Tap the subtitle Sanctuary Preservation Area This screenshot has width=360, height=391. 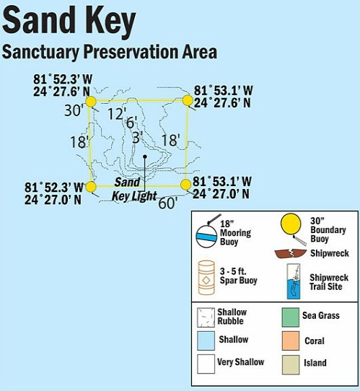(x=109, y=53)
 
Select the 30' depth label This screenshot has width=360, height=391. (x=74, y=111)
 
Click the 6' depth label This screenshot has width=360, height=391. (x=131, y=123)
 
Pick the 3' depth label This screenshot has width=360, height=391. (x=137, y=137)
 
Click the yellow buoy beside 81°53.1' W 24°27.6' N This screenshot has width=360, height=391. (x=187, y=100)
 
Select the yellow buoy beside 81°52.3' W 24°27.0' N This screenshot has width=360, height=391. (x=91, y=187)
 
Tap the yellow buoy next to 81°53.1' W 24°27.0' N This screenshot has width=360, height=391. (x=185, y=185)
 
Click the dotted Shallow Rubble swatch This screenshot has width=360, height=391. (x=206, y=316)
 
